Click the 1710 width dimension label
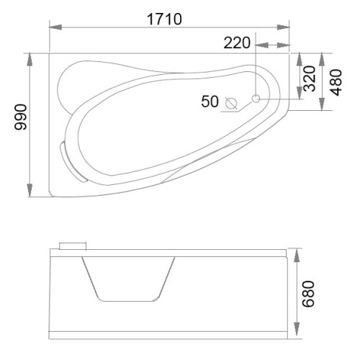tap(164, 19)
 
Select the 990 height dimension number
tap(20, 117)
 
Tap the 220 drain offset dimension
tap(237, 43)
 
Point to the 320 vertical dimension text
tap(309, 78)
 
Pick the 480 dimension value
tap(336, 82)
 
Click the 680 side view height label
tap(308, 294)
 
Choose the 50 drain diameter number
tap(210, 102)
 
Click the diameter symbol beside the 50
tap(231, 104)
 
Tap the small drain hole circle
tap(256, 99)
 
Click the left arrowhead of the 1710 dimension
tap(55, 27)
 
